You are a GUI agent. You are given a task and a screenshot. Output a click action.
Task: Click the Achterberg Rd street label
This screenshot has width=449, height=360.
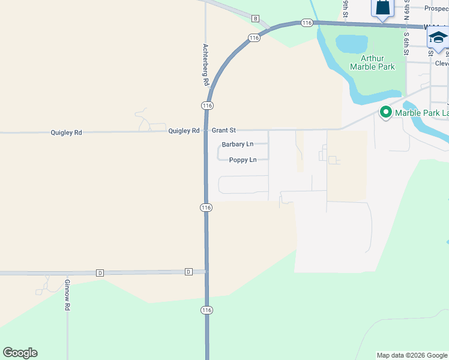point(205,64)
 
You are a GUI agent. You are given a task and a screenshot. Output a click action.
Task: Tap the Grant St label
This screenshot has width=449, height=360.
point(223,130)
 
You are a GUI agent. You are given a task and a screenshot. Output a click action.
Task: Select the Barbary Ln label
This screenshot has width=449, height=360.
point(237,145)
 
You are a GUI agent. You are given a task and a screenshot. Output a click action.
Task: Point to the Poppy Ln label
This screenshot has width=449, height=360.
point(243,160)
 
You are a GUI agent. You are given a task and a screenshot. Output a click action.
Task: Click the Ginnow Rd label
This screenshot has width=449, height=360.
point(68,295)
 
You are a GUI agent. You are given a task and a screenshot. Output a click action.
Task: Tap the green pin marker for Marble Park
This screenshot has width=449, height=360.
point(384,112)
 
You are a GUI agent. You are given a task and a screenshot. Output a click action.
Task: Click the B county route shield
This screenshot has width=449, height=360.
point(255,19)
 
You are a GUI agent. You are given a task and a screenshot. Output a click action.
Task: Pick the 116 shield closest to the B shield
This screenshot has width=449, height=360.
point(254,38)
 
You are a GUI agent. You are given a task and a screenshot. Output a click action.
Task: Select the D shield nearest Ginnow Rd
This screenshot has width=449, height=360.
point(100,273)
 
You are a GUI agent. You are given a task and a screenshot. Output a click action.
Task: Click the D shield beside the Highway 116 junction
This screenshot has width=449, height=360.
point(188,272)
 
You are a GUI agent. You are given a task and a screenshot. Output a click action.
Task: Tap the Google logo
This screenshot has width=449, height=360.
point(20,353)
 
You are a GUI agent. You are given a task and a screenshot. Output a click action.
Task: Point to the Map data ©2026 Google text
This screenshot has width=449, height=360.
point(412,355)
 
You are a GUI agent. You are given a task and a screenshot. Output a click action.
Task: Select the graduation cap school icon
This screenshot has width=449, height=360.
point(438,38)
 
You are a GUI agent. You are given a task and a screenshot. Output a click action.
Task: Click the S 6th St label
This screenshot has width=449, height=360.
point(406,43)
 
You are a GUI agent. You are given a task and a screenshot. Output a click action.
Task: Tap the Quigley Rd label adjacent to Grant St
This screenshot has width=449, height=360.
point(184,131)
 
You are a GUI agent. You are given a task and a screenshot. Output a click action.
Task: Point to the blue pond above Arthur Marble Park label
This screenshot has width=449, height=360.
point(351,44)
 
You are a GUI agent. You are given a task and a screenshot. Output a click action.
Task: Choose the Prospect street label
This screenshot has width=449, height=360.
point(436,8)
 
